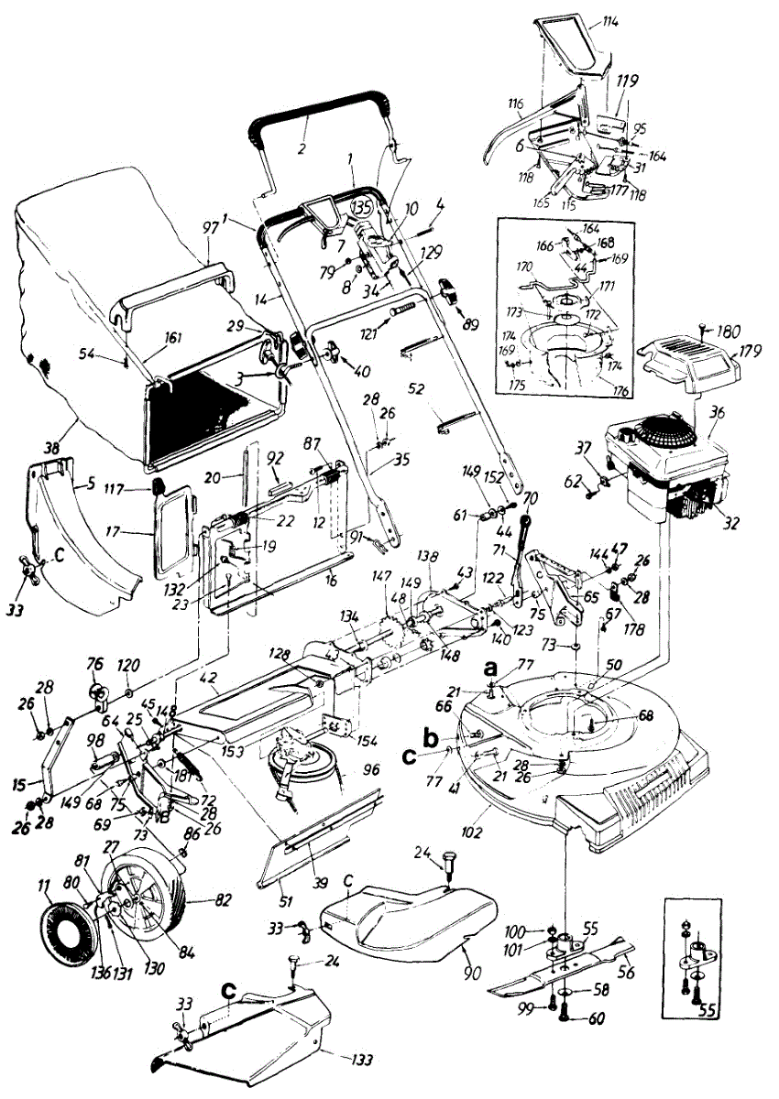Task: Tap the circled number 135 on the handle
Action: pyautogui.click(x=361, y=207)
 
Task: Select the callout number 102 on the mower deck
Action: pyautogui.click(x=496, y=810)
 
